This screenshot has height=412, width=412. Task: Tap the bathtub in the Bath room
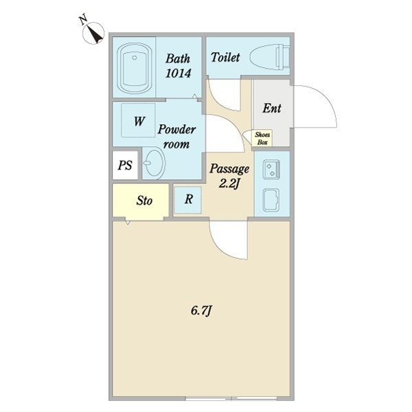pyautogui.click(x=135, y=68)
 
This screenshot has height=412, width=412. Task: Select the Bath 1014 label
pyautogui.click(x=178, y=66)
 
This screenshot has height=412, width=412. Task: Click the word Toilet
pyautogui.click(x=225, y=57)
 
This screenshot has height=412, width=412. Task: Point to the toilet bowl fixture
pyautogui.click(x=270, y=57)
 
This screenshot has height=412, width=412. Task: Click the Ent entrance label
pyautogui.click(x=272, y=108)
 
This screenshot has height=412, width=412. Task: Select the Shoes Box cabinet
pyautogui.click(x=262, y=138)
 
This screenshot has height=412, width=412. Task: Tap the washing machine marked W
pyautogui.click(x=138, y=120)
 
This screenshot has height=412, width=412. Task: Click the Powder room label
pyautogui.click(x=176, y=137)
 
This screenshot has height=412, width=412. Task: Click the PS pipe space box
pyautogui.click(x=125, y=165)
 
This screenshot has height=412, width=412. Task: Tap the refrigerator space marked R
pyautogui.click(x=188, y=199)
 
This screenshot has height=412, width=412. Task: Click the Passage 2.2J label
pyautogui.click(x=229, y=176)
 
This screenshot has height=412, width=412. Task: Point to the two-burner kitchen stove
pyautogui.click(x=271, y=170)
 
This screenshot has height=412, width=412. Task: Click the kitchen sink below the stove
pyautogui.click(x=271, y=200)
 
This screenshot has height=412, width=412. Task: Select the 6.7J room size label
pyautogui.click(x=201, y=311)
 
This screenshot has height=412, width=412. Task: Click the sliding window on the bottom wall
pyautogui.click(x=231, y=398)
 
